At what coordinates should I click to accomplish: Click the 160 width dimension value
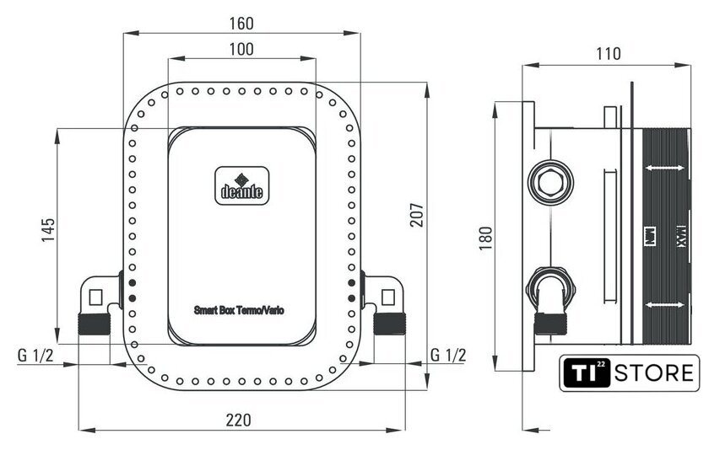241,23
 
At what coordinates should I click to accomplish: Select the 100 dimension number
241,49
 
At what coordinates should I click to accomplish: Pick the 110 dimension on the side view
608,55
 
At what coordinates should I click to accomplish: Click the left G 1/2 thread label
35,355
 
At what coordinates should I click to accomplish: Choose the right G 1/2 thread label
447,355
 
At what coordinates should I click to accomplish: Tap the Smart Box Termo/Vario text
239,310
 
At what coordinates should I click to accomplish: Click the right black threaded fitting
389,324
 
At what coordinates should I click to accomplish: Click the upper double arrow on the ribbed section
663,169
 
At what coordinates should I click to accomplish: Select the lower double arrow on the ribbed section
663,303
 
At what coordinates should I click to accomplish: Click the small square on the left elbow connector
95,297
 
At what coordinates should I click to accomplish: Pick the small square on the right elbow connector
387,297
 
